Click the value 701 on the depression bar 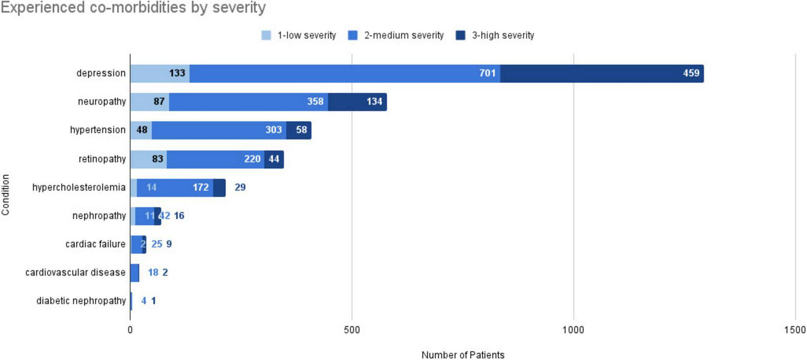[x=487, y=73]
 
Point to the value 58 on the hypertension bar [x=301, y=130]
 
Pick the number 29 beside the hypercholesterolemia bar [x=240, y=187]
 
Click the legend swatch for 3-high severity [x=460, y=36]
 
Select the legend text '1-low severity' [x=306, y=36]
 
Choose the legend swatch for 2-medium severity [x=352, y=36]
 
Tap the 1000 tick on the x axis [x=573, y=330]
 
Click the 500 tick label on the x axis [x=352, y=330]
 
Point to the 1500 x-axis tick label [x=795, y=330]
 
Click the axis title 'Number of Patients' [x=463, y=355]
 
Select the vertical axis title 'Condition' [x=5, y=195]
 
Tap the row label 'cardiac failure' [x=95, y=244]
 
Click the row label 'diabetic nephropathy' [x=81, y=301]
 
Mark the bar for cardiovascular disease [x=135, y=273]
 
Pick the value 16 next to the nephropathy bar [x=179, y=216]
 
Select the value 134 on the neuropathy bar [x=374, y=102]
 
